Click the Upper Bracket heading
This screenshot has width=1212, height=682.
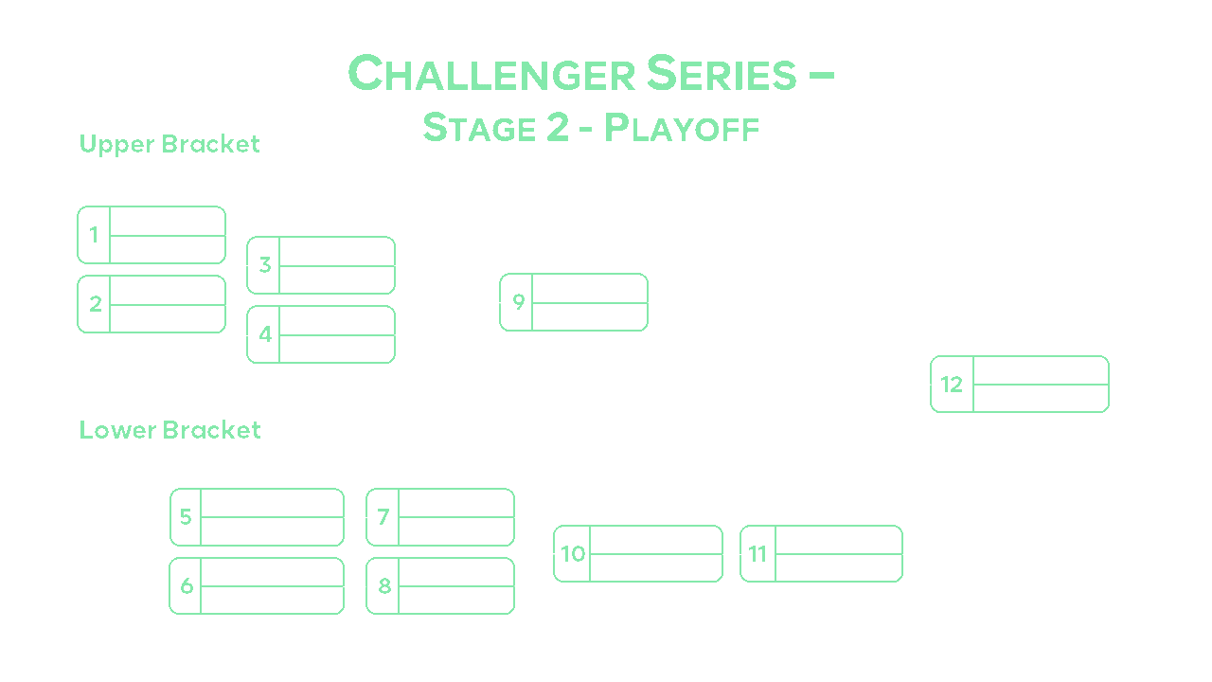[x=169, y=144]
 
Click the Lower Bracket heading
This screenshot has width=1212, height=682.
[x=169, y=430]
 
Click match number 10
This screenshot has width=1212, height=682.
[x=573, y=553]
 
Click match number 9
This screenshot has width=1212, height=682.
[x=518, y=302]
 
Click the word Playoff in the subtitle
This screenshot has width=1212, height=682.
[x=682, y=128]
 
